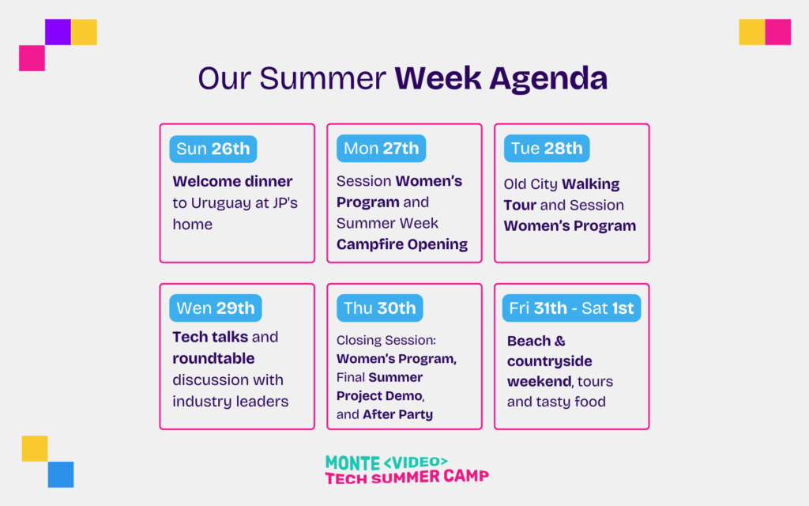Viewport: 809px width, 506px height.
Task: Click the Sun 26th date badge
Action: coord(213,149)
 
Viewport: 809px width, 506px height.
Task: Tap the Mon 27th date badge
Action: coord(382,148)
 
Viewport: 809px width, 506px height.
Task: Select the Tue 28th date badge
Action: coord(547,148)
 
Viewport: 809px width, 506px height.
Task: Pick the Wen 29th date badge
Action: coord(216,308)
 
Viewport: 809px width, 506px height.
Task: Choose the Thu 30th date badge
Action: coord(380,308)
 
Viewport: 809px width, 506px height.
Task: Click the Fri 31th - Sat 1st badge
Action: coord(572,308)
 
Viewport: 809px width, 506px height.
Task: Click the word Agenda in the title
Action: coord(548,79)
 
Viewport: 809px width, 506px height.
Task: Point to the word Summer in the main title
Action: coord(322,78)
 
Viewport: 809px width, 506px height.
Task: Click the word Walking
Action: coord(591,184)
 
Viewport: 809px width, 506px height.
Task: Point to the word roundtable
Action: coord(213,358)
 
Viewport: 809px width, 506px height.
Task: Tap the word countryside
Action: coord(550,361)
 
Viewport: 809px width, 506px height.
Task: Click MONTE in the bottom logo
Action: coord(352,463)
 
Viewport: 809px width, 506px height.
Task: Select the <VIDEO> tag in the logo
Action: coord(416,462)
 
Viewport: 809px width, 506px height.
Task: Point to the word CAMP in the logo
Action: coord(466,476)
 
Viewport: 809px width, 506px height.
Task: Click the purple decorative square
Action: coord(58,32)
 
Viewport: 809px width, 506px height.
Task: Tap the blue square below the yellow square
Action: coord(61,474)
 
